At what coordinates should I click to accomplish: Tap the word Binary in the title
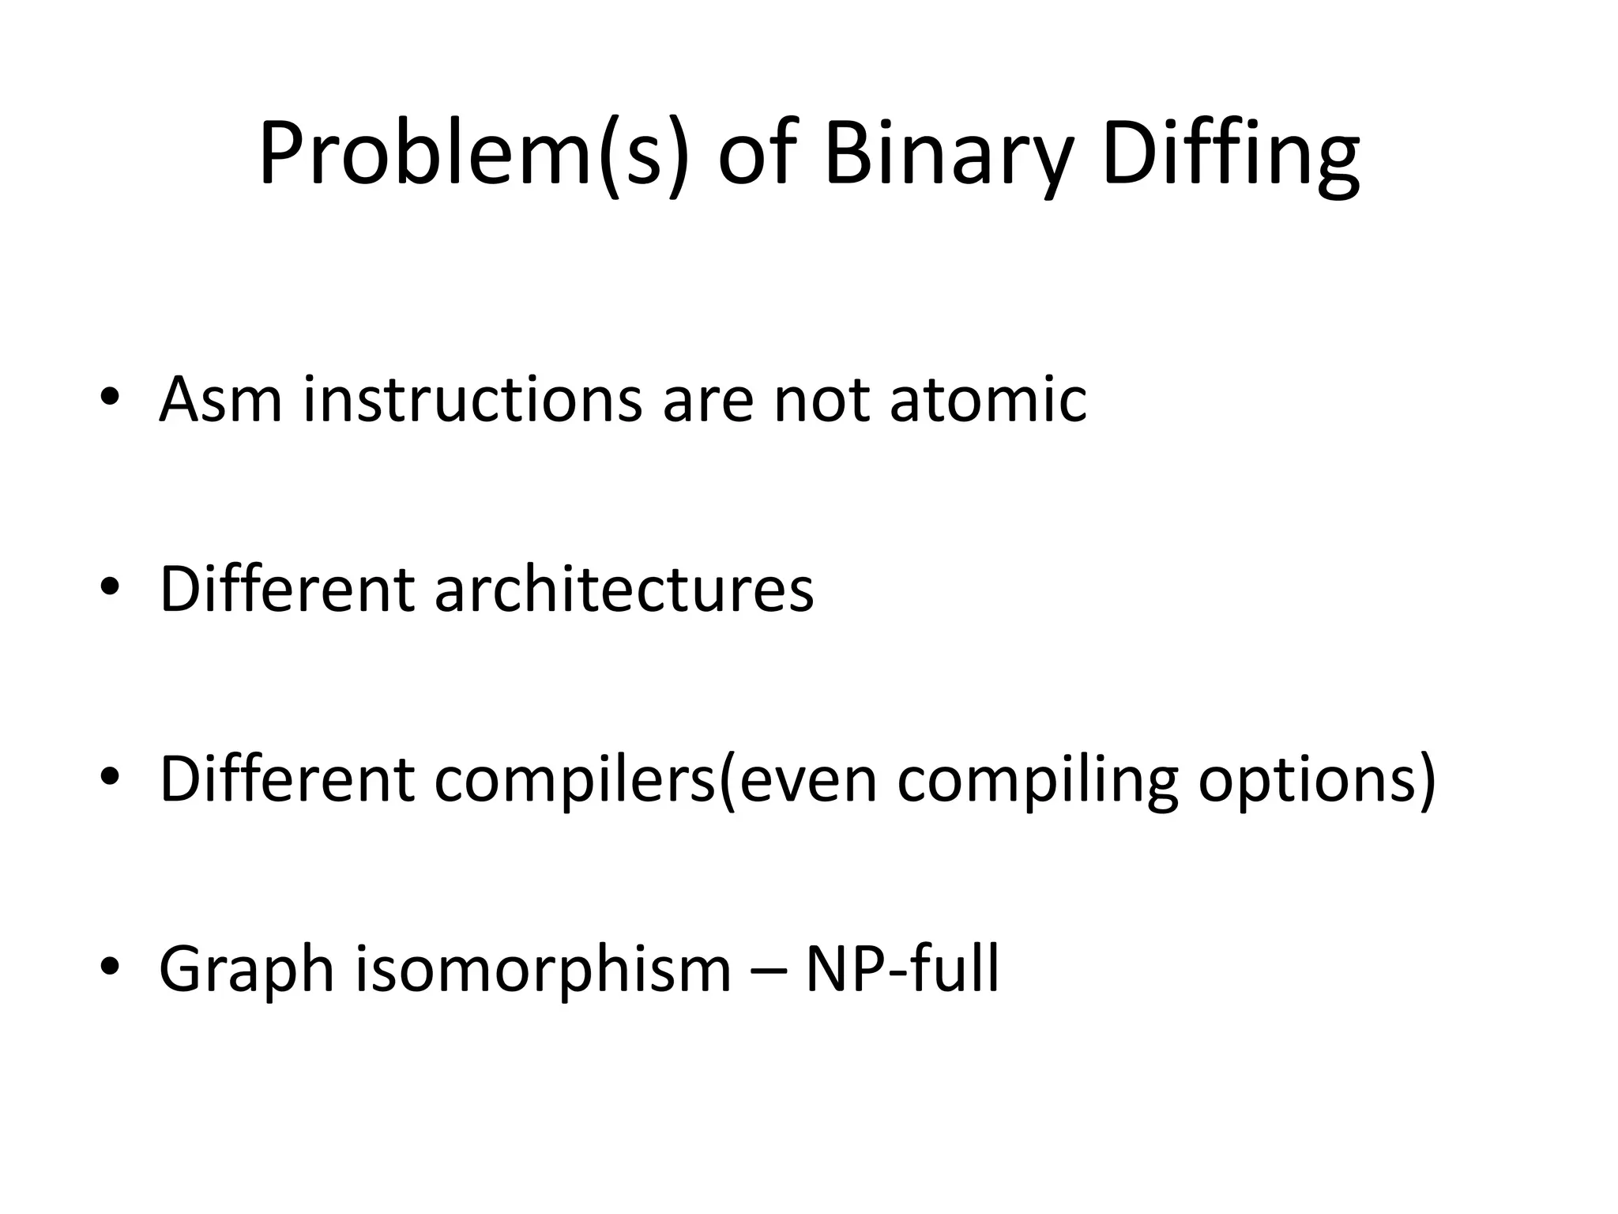(x=949, y=154)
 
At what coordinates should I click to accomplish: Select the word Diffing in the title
(x=1230, y=154)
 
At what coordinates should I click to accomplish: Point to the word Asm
(x=220, y=399)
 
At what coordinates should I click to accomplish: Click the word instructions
(x=472, y=399)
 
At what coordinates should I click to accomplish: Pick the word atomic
(x=988, y=399)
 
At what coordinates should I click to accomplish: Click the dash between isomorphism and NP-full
(x=768, y=972)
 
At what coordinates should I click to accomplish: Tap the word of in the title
(x=754, y=154)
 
